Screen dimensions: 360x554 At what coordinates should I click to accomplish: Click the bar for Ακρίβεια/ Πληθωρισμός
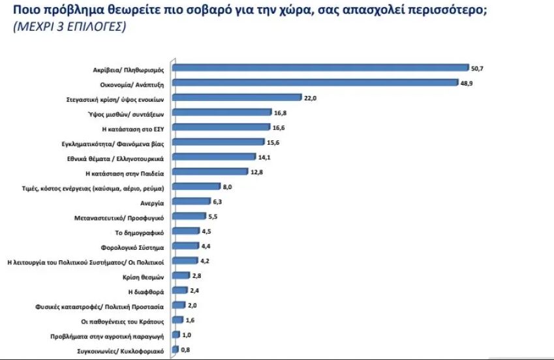tap(322, 67)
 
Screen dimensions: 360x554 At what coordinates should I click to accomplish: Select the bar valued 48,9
tap(317, 82)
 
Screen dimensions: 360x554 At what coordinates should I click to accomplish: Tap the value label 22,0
tap(311, 97)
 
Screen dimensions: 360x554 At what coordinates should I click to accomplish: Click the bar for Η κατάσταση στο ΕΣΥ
tap(223, 127)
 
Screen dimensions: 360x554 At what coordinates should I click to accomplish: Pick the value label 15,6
tap(275, 142)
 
